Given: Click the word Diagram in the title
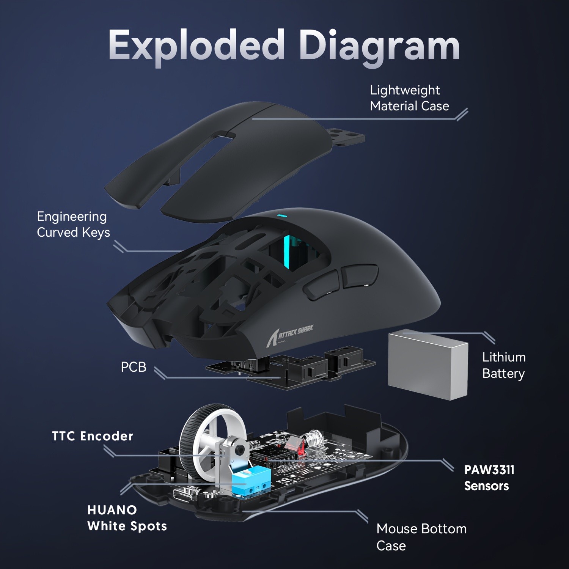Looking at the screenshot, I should (x=379, y=47).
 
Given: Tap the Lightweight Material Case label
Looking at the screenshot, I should (x=409, y=98).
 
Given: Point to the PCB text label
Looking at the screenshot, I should (x=133, y=367).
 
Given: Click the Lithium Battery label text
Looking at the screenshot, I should (x=503, y=365).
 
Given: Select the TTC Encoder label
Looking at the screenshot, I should (x=93, y=436).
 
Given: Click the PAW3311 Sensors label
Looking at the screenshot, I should (x=489, y=478).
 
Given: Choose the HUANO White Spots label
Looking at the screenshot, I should (x=127, y=518).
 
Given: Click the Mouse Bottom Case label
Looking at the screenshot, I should (x=421, y=537).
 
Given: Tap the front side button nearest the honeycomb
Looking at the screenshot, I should (x=322, y=285).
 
